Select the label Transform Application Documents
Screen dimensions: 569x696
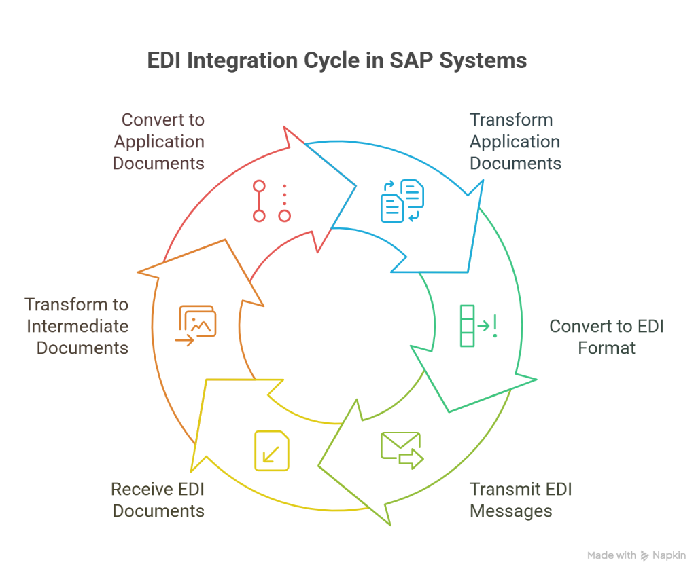point(515,142)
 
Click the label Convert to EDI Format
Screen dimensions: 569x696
point(606,337)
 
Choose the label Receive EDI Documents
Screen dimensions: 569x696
point(158,500)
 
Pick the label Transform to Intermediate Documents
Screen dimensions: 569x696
point(77,327)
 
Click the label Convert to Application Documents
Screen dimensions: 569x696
point(159,142)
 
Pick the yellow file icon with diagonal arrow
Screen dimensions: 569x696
point(272,450)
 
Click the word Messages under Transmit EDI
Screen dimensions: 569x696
point(510,511)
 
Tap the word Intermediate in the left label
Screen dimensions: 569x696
point(77,327)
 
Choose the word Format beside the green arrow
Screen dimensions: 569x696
point(606,349)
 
